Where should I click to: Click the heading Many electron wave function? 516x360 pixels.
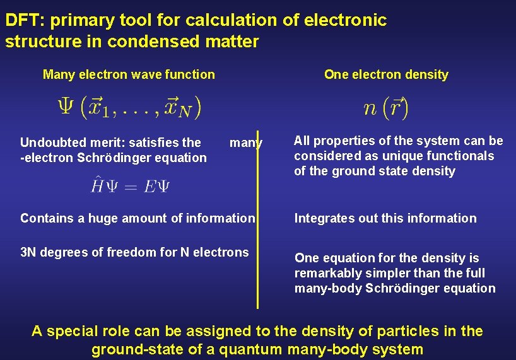pyautogui.click(x=129, y=74)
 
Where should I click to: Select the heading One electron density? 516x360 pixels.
pyautogui.click(x=386, y=74)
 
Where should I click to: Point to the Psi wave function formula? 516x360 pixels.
pyautogui.click(x=129, y=107)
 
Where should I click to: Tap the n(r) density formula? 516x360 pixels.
pyautogui.click(x=386, y=108)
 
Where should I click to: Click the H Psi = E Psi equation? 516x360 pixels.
pyautogui.click(x=129, y=185)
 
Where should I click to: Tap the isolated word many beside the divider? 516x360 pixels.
pyautogui.click(x=245, y=142)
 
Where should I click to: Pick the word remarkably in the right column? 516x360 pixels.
pyautogui.click(x=329, y=273)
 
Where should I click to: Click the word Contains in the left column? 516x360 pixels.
pyautogui.click(x=46, y=218)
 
